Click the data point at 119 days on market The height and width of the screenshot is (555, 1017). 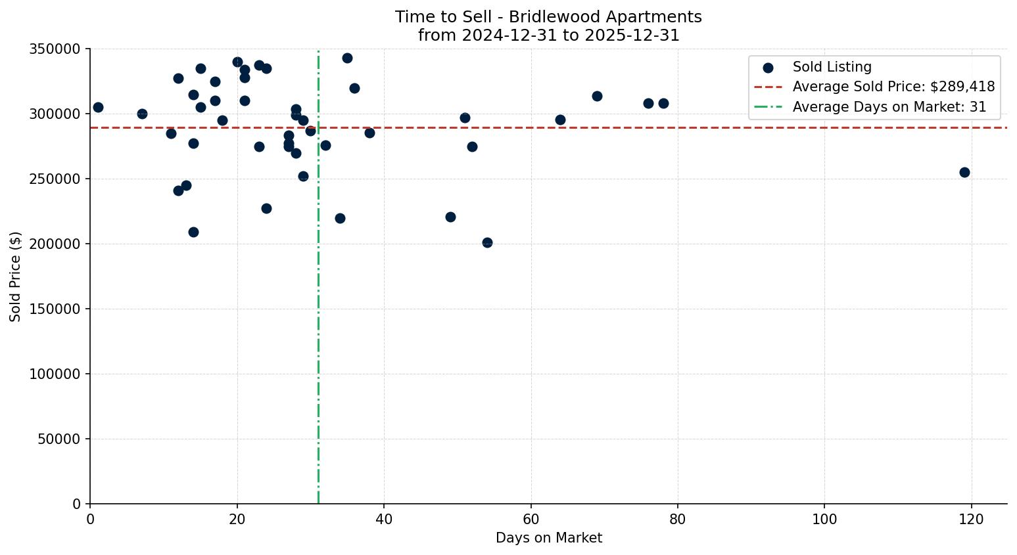pos(964,172)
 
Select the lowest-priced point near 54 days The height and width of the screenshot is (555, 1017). pos(487,242)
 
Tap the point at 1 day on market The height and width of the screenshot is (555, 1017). pos(98,107)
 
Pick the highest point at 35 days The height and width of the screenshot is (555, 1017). pos(347,58)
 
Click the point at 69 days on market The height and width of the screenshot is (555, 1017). pos(597,96)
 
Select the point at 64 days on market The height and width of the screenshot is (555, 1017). pos(560,120)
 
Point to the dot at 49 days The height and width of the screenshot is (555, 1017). pos(450,217)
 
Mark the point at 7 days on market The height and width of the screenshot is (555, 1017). pos(142,114)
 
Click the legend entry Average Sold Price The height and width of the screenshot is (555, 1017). pos(893,87)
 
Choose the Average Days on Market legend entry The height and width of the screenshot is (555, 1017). pos(889,107)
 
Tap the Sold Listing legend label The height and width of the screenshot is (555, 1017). pos(832,67)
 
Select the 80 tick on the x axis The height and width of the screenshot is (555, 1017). pos(678,520)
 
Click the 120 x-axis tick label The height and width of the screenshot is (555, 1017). pos(971,520)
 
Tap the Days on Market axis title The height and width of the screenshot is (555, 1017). pos(548,538)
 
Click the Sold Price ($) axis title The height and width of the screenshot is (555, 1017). pos(15,277)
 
